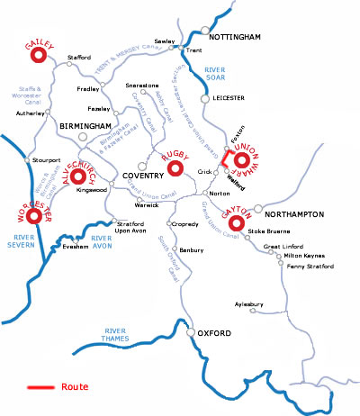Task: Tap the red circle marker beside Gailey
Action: [38, 56]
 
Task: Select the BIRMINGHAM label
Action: [86, 126]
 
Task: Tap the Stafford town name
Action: [80, 59]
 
